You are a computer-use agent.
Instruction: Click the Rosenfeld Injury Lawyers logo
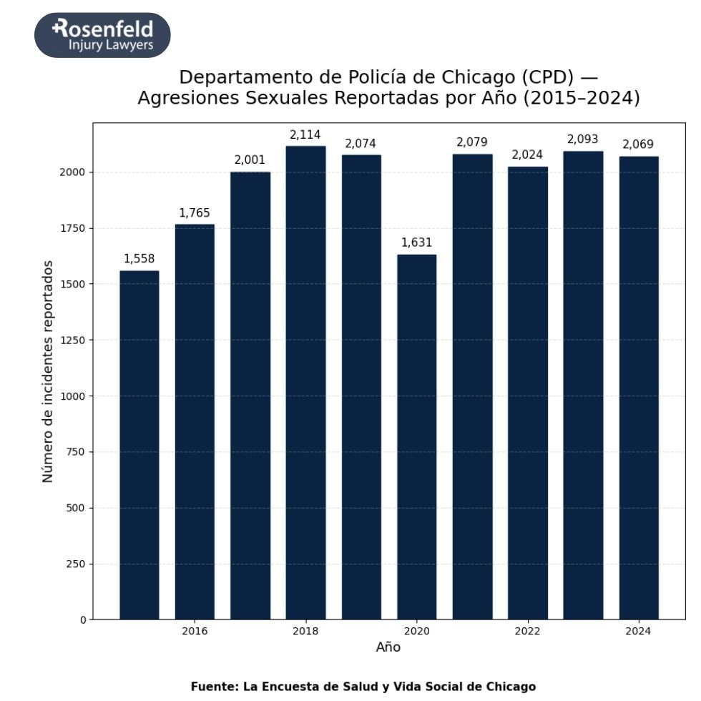point(102,35)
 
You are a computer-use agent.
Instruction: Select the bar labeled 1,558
point(139,444)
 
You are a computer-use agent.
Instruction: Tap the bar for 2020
point(416,436)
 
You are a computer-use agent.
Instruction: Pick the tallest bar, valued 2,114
point(305,383)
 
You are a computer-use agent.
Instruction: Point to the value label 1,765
point(195,213)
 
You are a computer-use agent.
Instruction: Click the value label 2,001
point(250,160)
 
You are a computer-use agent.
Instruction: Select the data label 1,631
point(416,242)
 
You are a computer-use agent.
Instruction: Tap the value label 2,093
point(582,139)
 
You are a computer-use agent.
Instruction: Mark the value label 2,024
point(527,155)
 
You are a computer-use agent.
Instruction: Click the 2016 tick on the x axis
point(195,632)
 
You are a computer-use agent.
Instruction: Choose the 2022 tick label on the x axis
point(527,632)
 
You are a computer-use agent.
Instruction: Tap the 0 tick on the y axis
point(82,619)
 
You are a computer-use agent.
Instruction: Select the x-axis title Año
point(388,647)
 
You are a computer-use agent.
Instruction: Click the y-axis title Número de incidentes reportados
point(48,371)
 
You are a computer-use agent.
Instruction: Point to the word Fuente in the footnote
point(213,687)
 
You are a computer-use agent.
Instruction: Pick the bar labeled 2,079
point(472,386)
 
